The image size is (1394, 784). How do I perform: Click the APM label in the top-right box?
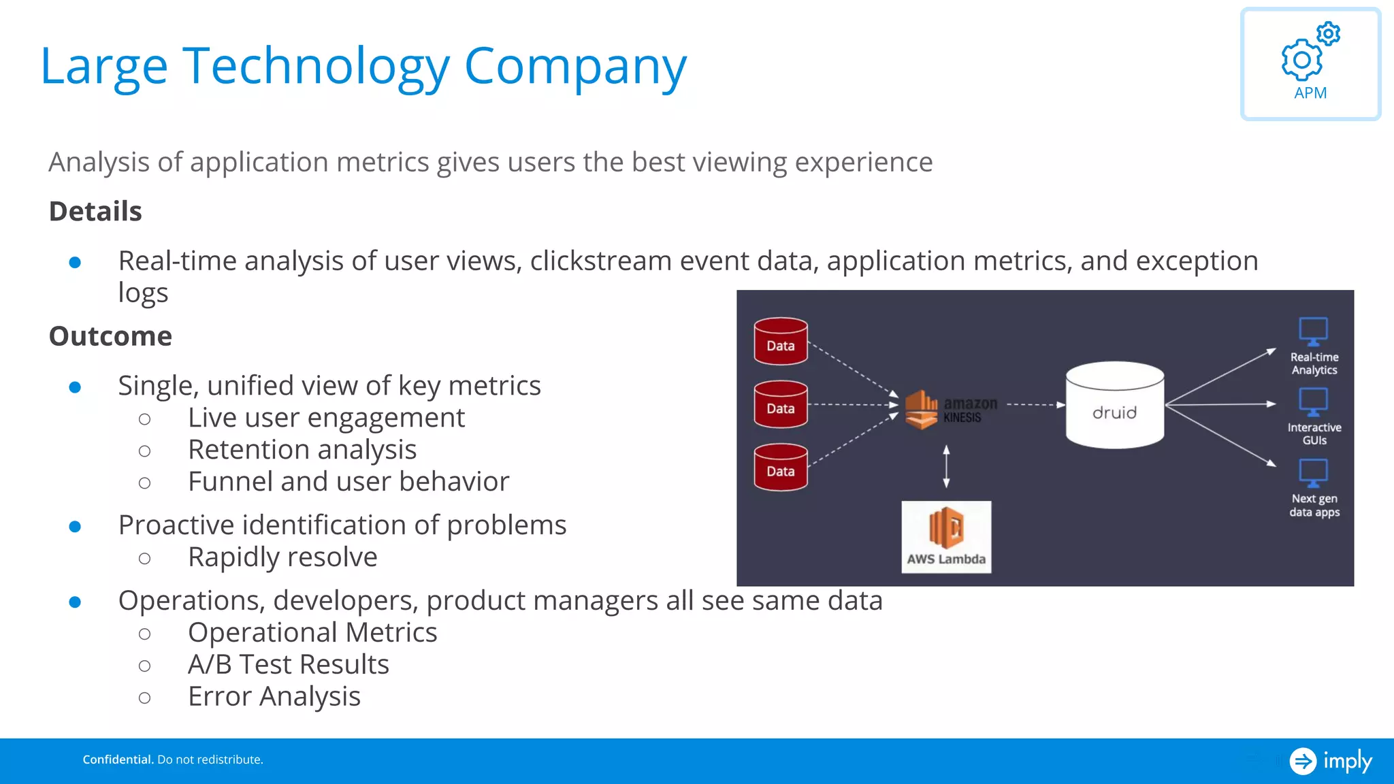pos(1310,93)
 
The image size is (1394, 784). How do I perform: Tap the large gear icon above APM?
pos(1301,61)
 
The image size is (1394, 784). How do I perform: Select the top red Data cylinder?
pos(781,341)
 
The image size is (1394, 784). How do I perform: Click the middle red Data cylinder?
pos(781,404)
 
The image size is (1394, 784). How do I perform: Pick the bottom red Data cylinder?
pos(781,467)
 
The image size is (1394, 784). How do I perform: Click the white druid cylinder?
pos(1114,406)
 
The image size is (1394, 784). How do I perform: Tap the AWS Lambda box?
pos(946,537)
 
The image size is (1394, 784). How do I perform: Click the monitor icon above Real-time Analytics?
pos(1313,331)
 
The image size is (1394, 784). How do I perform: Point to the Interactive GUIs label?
pos(1314,434)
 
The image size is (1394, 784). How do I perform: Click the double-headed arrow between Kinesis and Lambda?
pos(946,467)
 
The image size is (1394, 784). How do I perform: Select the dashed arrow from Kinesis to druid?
pos(1035,405)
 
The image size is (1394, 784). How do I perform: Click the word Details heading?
pos(95,212)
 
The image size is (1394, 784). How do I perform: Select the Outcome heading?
pos(110,336)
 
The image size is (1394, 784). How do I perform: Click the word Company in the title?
pos(575,67)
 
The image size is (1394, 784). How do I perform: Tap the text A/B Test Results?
pos(289,664)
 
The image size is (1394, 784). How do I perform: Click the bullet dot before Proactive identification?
pos(76,526)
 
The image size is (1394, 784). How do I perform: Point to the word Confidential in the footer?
pos(118,759)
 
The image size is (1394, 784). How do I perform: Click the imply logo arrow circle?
pos(1303,761)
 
